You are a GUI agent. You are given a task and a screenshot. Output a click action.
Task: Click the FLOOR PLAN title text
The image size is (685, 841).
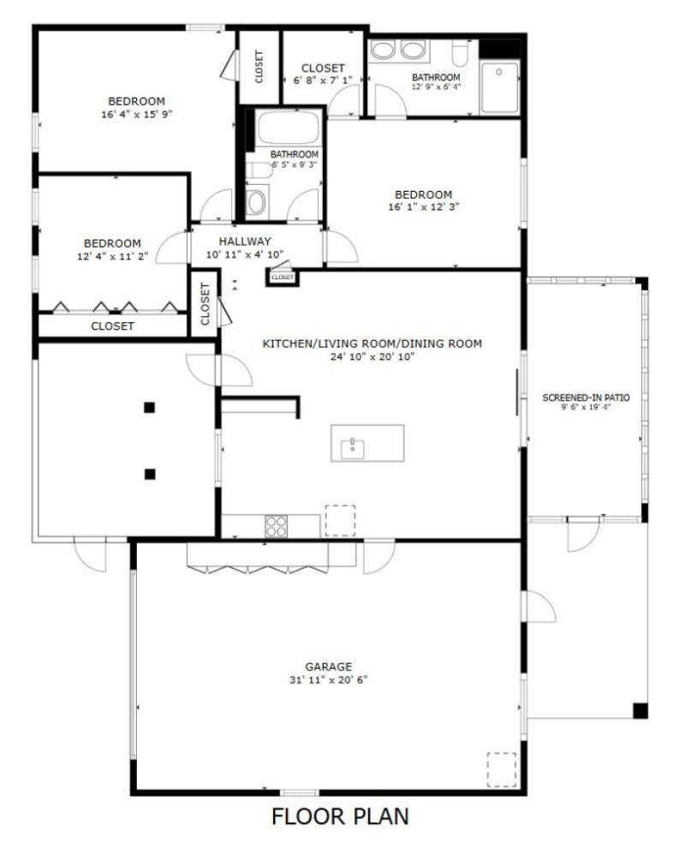(340, 816)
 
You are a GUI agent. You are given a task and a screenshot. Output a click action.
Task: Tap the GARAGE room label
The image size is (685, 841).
(329, 666)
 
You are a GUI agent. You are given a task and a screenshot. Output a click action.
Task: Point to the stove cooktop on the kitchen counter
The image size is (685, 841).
(276, 525)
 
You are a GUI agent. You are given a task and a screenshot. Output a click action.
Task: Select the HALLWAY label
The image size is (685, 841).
(244, 242)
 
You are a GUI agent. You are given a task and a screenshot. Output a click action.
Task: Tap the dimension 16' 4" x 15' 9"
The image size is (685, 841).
(137, 113)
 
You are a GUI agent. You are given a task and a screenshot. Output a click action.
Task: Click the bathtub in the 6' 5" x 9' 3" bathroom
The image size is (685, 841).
(288, 129)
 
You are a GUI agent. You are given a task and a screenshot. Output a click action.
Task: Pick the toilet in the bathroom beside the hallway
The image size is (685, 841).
(256, 202)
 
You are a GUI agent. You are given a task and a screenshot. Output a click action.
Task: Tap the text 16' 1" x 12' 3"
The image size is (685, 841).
(423, 206)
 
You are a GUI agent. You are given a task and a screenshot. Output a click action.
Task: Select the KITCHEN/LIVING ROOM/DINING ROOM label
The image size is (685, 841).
(372, 343)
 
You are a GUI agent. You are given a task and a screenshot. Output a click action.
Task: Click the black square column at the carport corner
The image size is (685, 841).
(639, 709)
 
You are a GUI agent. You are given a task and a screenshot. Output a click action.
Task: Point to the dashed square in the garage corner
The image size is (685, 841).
(502, 768)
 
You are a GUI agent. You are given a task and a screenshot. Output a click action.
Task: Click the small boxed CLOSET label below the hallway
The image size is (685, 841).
(282, 277)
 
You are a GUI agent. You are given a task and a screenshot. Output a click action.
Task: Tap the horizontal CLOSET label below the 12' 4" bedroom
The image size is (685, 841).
(112, 326)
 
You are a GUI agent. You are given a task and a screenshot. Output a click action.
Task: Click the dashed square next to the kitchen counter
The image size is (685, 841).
(339, 520)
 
